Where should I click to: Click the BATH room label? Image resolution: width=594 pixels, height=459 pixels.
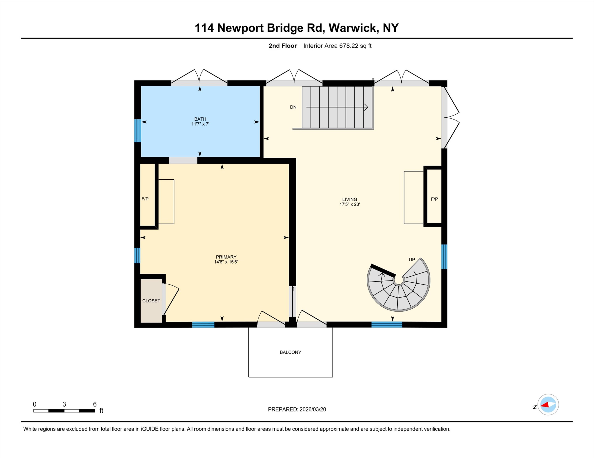click(200, 119)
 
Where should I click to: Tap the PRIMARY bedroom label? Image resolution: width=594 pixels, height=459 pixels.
click(226, 257)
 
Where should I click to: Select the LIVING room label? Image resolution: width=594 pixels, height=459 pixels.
click(349, 199)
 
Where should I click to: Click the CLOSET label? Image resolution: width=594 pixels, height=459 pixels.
click(151, 301)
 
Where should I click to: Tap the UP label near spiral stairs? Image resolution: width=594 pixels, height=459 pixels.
click(412, 260)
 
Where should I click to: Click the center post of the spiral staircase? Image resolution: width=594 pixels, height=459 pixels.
click(399, 280)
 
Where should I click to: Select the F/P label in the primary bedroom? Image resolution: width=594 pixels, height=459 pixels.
click(145, 199)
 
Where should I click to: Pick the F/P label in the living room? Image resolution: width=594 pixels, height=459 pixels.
click(434, 199)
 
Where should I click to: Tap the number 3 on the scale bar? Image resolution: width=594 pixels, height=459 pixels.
click(64, 404)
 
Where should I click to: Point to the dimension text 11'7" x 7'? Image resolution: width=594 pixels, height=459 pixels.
click(200, 124)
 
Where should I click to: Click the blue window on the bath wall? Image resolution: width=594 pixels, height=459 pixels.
click(138, 131)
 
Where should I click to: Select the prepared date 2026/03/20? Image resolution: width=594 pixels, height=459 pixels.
click(312, 409)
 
